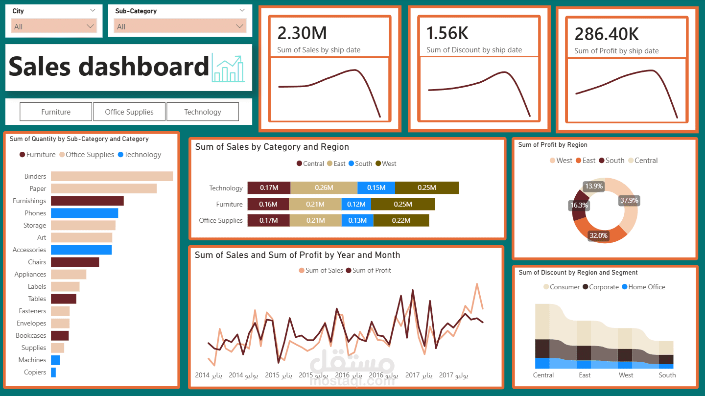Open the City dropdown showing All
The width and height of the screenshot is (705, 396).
pos(54,26)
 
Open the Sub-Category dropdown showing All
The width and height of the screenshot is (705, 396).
pos(180,26)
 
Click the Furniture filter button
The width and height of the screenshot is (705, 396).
pos(56,112)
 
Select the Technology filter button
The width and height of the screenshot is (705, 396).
pos(203,112)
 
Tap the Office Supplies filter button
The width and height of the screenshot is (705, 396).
pos(129,112)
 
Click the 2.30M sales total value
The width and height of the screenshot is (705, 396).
pos(302,33)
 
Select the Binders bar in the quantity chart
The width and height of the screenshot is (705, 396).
pos(112,176)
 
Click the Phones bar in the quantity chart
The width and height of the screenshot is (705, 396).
pos(84,213)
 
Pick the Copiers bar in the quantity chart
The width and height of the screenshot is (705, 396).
pos(53,372)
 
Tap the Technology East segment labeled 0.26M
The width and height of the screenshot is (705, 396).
pos(324,188)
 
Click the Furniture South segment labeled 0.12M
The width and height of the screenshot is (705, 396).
pos(356,204)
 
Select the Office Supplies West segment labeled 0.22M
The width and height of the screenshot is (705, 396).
pos(401,220)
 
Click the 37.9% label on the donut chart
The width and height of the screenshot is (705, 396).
pos(629,200)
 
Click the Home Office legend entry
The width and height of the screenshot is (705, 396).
pos(646,287)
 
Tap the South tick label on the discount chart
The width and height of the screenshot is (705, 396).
pos(667,375)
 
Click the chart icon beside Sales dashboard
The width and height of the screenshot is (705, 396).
pos(228,69)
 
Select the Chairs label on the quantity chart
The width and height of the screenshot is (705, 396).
pos(37,262)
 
